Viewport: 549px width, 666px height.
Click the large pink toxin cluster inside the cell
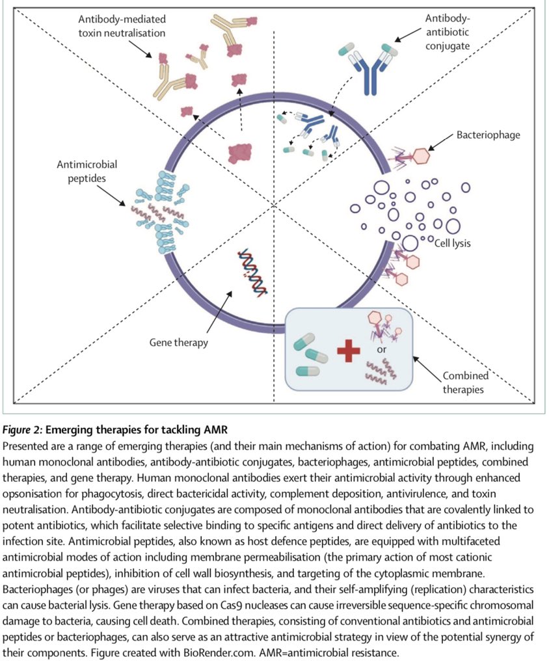tap(239, 152)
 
